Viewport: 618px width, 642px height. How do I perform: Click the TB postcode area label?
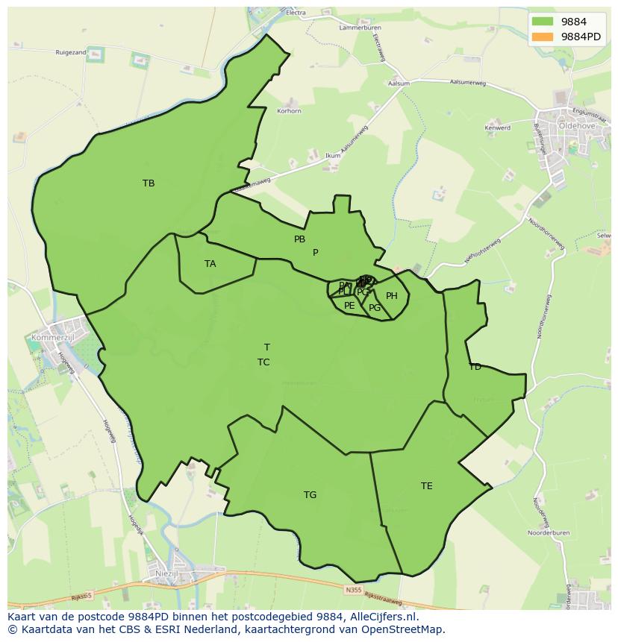pyautogui.click(x=149, y=183)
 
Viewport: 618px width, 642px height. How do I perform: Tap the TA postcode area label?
pyautogui.click(x=210, y=264)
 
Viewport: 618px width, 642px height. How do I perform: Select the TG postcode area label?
pyautogui.click(x=310, y=495)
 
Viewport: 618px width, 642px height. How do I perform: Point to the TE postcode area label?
pyautogui.click(x=426, y=486)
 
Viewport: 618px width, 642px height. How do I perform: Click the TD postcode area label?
pyautogui.click(x=475, y=367)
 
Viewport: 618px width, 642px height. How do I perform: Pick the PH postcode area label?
pyautogui.click(x=391, y=296)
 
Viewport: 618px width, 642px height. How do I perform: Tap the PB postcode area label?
pyautogui.click(x=299, y=239)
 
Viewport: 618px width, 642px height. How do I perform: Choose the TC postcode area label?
pyautogui.click(x=263, y=362)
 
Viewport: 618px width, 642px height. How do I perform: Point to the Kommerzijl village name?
pyautogui.click(x=49, y=338)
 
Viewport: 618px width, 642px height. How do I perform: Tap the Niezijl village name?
pyautogui.click(x=166, y=573)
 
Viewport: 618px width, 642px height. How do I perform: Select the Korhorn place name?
pyautogui.click(x=289, y=111)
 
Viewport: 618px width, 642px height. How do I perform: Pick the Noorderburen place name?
pyautogui.click(x=549, y=534)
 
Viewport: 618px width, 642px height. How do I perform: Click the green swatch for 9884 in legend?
pyautogui.click(x=543, y=22)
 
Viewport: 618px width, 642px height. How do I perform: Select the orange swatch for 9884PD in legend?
pyautogui.click(x=543, y=37)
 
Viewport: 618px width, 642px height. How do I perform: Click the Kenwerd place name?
pyautogui.click(x=498, y=128)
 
